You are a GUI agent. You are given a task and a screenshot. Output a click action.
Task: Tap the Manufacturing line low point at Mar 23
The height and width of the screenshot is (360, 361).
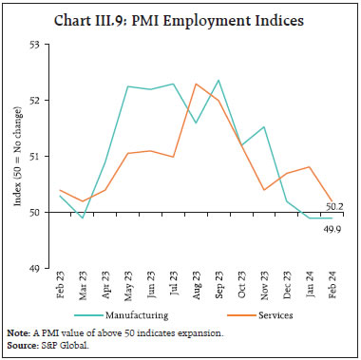tap(81, 218)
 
